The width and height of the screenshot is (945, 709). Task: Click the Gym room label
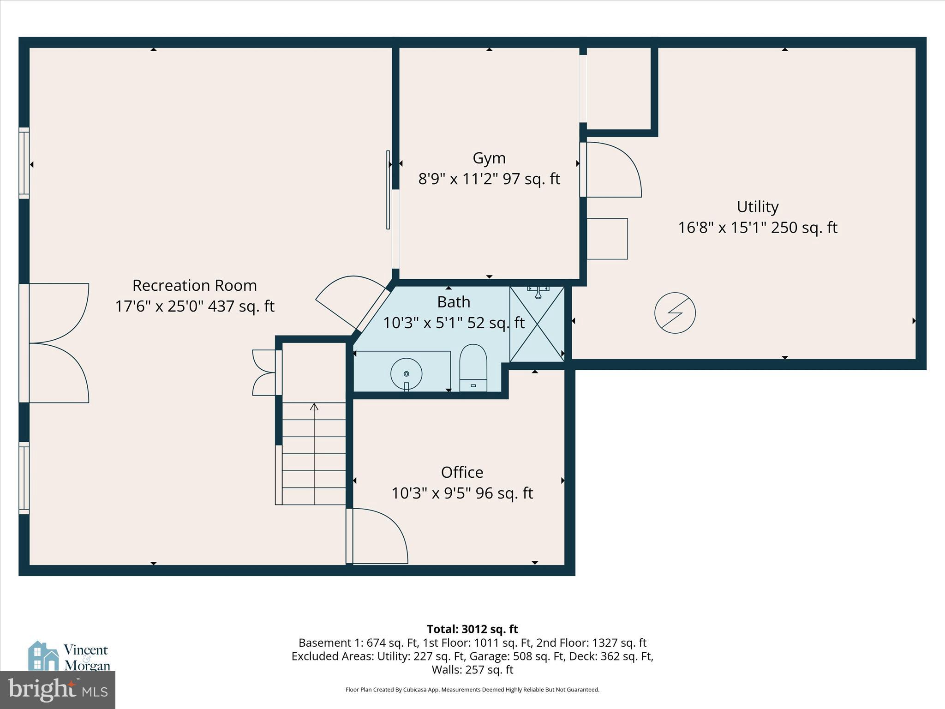point(489,158)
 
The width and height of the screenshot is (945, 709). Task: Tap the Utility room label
point(757,207)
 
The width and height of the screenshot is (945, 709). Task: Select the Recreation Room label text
point(194,285)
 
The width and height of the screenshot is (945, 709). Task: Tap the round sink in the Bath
point(406,373)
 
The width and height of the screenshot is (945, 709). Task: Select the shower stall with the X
point(537,324)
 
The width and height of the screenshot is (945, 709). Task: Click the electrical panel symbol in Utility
point(675,313)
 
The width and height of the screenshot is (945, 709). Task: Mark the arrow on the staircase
point(314,407)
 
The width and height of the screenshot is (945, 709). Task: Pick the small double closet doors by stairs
point(264,373)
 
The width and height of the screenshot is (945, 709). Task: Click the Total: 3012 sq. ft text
point(472,629)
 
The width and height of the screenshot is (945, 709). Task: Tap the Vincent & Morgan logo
point(69,657)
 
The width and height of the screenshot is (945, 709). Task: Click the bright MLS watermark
point(57,690)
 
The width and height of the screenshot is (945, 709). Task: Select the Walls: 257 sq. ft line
point(472,670)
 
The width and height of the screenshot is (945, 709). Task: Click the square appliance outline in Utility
point(607,239)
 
